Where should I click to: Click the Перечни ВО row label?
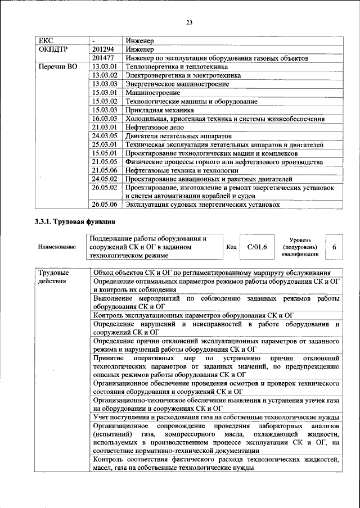pyautogui.click(x=57, y=67)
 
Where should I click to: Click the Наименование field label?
pyautogui.click(x=56, y=247)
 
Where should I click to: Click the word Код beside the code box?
pyautogui.click(x=231, y=247)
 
